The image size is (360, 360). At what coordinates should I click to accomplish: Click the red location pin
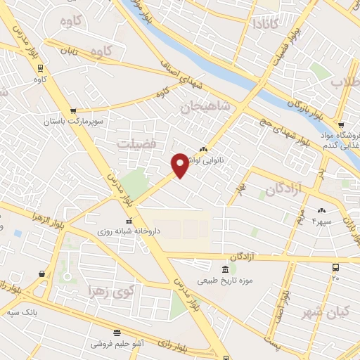[x=180, y=164]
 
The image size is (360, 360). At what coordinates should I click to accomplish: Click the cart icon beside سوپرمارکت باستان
[x=73, y=111]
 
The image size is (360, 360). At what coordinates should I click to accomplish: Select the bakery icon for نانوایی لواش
[x=204, y=148]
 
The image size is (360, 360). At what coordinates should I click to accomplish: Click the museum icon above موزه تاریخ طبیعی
[x=225, y=270]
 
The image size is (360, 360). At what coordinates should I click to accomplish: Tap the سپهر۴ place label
[x=323, y=221]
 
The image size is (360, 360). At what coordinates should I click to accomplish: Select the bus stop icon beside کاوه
[x=40, y=68]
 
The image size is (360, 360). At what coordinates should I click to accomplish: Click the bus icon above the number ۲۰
[x=336, y=267]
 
